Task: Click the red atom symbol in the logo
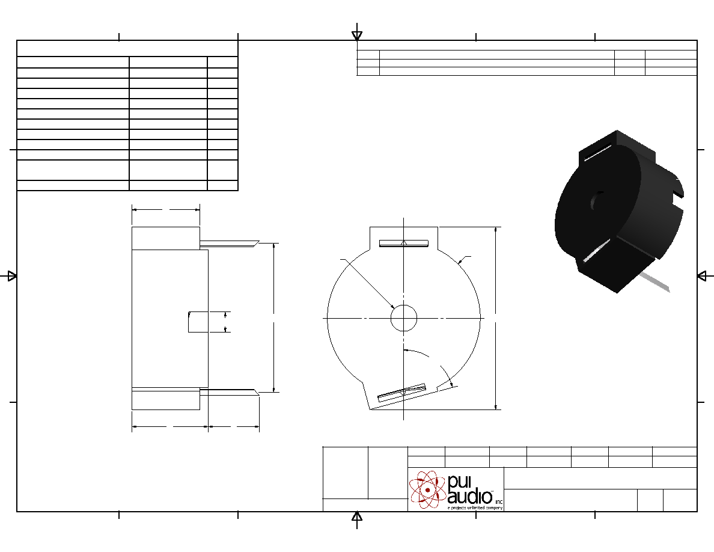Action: [427, 489]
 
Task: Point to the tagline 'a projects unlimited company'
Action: [475, 508]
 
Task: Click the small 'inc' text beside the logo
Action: [499, 501]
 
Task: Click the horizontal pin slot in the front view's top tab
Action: [404, 243]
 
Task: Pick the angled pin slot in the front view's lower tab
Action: [401, 393]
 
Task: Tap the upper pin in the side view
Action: [230, 244]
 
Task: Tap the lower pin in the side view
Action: [230, 392]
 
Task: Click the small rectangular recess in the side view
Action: [198, 322]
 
